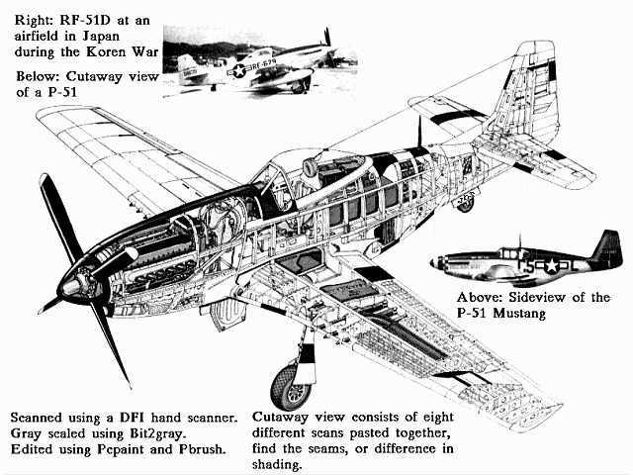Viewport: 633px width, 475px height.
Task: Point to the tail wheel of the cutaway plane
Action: (464, 203)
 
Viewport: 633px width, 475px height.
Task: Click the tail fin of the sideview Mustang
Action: (606, 246)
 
